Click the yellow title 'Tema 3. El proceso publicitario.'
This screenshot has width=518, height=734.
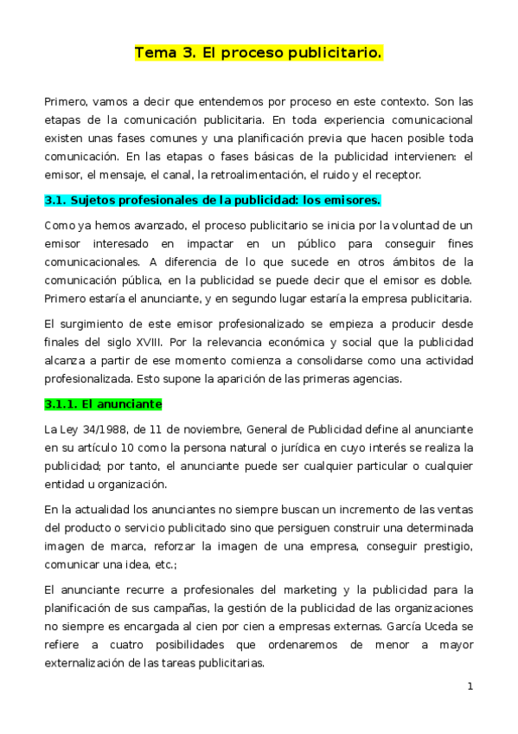(x=258, y=54)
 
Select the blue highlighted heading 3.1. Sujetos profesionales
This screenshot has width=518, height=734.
(x=212, y=201)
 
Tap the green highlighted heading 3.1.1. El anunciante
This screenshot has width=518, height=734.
(x=104, y=404)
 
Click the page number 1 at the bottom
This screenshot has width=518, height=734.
(x=470, y=686)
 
